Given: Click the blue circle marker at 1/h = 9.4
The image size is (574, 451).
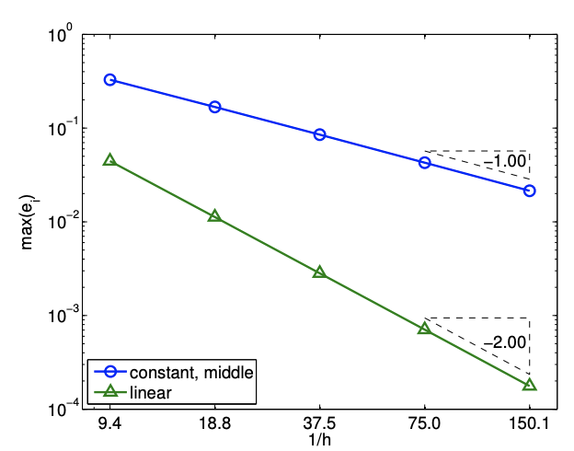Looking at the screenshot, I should pyautogui.click(x=110, y=80).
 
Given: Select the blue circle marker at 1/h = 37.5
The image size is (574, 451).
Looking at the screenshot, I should pyautogui.click(x=320, y=134).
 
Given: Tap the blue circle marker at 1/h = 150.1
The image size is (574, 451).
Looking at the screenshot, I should pyautogui.click(x=530, y=191).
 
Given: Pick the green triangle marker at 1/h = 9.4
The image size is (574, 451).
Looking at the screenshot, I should pyautogui.click(x=110, y=160).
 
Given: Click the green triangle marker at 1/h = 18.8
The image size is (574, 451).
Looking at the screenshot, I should pyautogui.click(x=215, y=216).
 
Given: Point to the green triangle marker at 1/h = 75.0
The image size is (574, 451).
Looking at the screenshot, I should pyautogui.click(x=425, y=329).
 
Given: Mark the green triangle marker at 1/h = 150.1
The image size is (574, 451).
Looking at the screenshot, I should pyautogui.click(x=530, y=385).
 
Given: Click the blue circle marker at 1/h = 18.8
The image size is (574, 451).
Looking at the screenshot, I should pyautogui.click(x=215, y=107).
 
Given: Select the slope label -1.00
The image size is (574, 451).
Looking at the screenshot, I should pyautogui.click(x=506, y=161).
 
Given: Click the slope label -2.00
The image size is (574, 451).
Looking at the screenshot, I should pyautogui.click(x=505, y=341).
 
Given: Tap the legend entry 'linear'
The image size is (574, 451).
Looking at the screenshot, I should pyautogui.click(x=152, y=393).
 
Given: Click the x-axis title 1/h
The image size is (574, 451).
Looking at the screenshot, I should pyautogui.click(x=319, y=439).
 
